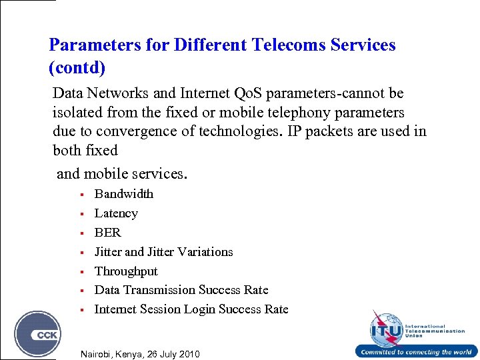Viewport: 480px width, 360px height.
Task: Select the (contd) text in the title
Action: click(77, 68)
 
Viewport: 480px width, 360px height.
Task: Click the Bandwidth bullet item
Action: click(123, 194)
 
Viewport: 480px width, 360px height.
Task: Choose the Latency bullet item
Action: click(116, 213)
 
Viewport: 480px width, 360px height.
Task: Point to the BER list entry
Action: click(107, 233)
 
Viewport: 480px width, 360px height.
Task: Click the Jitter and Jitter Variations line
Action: click(163, 252)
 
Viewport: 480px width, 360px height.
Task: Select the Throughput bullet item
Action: click(126, 271)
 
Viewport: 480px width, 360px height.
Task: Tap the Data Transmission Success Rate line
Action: click(181, 290)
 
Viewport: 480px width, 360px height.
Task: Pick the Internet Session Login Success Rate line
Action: click(191, 309)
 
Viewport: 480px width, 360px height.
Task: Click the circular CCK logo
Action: click(38, 333)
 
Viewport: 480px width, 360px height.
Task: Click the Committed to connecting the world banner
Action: click(416, 352)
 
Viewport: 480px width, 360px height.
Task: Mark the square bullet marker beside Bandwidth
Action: click(80, 195)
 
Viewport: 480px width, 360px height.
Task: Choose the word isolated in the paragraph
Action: click(78, 113)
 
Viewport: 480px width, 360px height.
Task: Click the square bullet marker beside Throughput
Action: click(80, 272)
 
